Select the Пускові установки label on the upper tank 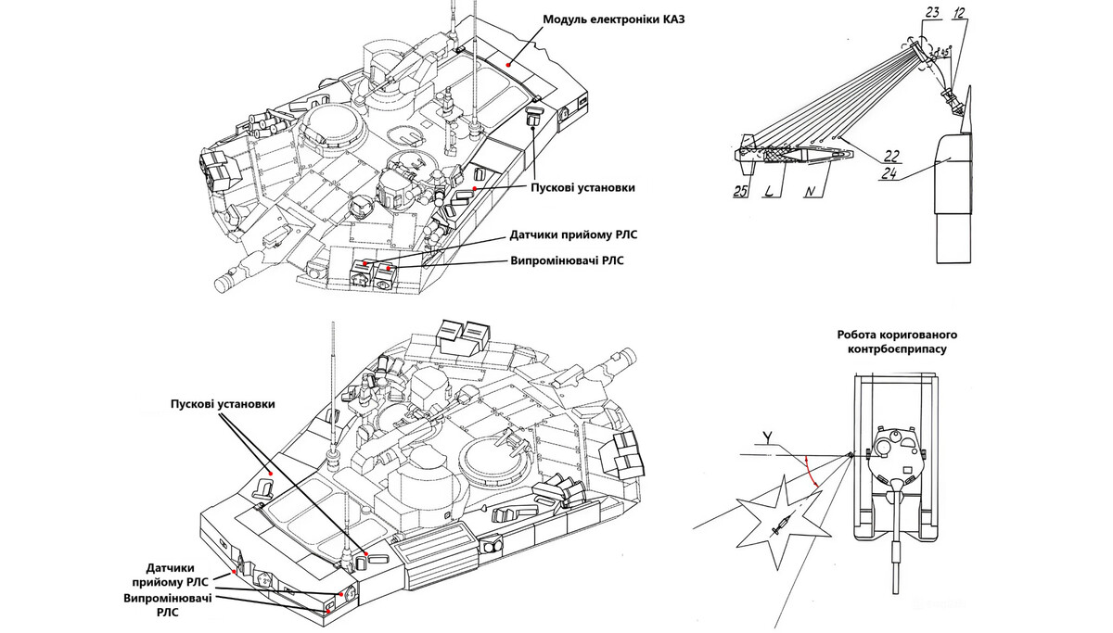[x=582, y=187]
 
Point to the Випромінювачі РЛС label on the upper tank [x=567, y=260]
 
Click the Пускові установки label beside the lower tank [x=223, y=405]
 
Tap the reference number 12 [x=959, y=14]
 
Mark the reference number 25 [x=741, y=193]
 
